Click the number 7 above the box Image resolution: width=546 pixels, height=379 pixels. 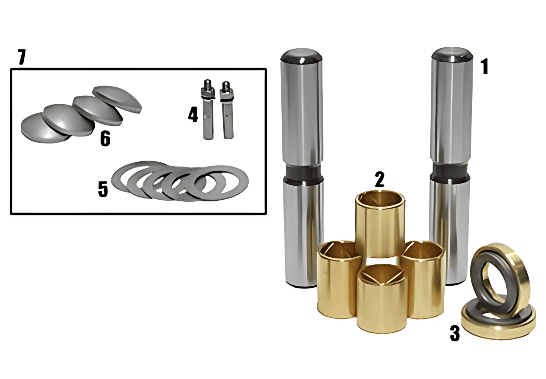click(x=22, y=57)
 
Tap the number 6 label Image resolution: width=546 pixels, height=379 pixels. click(x=105, y=138)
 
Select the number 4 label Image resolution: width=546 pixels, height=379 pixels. click(x=193, y=114)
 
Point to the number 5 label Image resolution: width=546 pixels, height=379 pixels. click(x=103, y=189)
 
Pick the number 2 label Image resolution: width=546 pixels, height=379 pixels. click(x=380, y=179)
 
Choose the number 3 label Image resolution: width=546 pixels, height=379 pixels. click(x=455, y=333)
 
